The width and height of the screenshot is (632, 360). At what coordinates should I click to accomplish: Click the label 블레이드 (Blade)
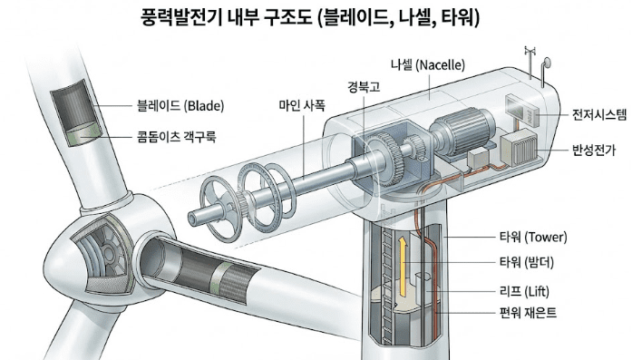coord(179,105)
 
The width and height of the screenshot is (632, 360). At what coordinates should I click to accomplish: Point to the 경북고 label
coord(363,87)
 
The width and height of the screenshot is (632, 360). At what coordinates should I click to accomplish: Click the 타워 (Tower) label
coord(532,238)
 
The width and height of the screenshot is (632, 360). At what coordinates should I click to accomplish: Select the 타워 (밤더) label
coord(532,264)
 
